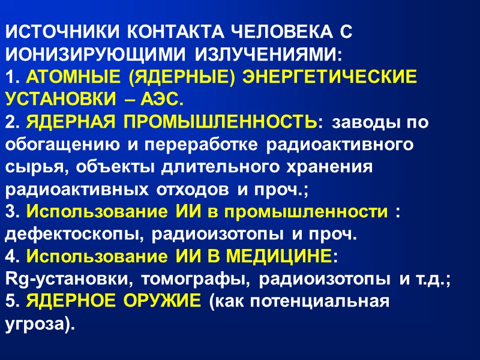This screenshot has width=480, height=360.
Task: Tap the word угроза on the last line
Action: click(37, 325)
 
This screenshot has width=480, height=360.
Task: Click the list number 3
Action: click(12, 212)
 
